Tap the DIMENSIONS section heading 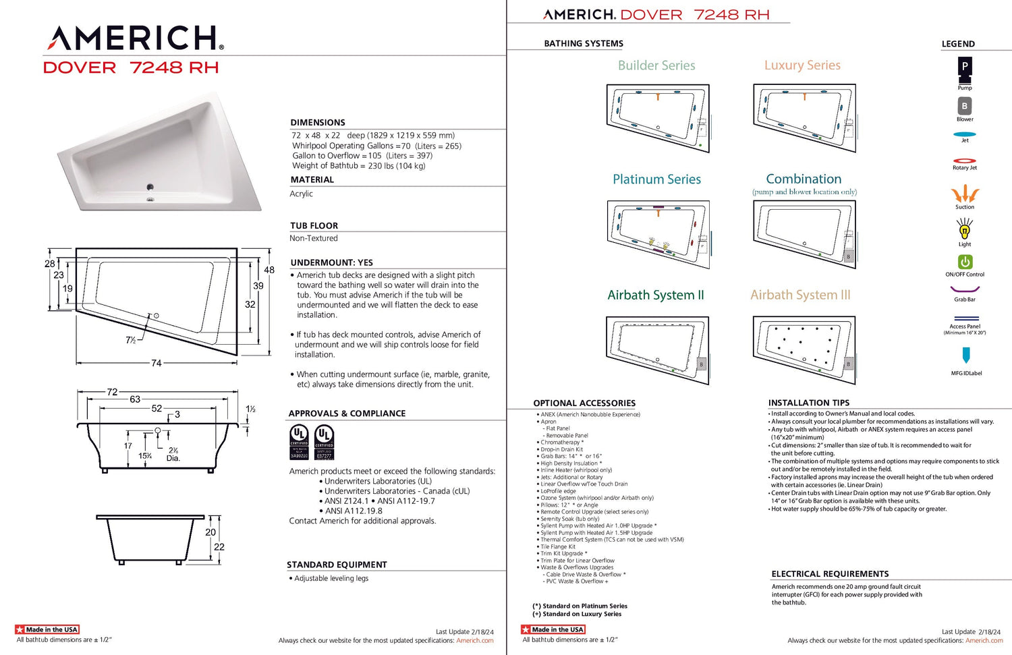318,123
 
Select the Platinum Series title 656,179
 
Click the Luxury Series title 802,65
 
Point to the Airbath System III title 800,295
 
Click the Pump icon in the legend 965,67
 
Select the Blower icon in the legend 965,106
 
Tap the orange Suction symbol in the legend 965,194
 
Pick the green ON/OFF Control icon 965,262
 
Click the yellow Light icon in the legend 965,230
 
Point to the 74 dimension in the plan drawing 157,363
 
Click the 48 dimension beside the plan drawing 269,270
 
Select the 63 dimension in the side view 135,399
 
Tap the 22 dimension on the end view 219,547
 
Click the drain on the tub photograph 150,188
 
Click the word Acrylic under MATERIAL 302,194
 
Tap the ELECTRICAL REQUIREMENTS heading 830,574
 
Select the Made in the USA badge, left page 47,629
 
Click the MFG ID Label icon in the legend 966,355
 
